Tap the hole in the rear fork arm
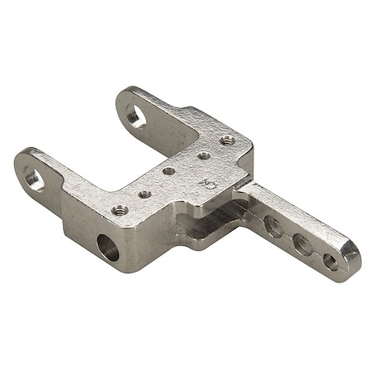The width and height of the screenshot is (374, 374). coord(135,116)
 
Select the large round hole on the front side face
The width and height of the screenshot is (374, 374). coord(109,247)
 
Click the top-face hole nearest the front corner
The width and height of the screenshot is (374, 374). coord(120,209)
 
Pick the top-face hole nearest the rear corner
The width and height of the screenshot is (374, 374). coord(226,140)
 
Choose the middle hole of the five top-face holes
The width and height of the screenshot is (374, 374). coord(169,171)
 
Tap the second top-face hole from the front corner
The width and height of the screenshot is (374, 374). coord(145,194)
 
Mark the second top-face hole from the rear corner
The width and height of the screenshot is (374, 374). coord(204,155)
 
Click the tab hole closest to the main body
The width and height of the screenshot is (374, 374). coord(273,224)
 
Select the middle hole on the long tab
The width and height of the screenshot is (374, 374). coord(303,243)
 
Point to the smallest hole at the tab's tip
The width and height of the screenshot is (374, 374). coord(330,262)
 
